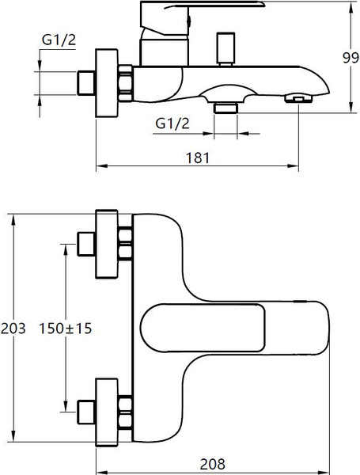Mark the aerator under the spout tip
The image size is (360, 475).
coord(297,97)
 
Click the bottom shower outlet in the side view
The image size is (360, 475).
coord(225,106)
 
